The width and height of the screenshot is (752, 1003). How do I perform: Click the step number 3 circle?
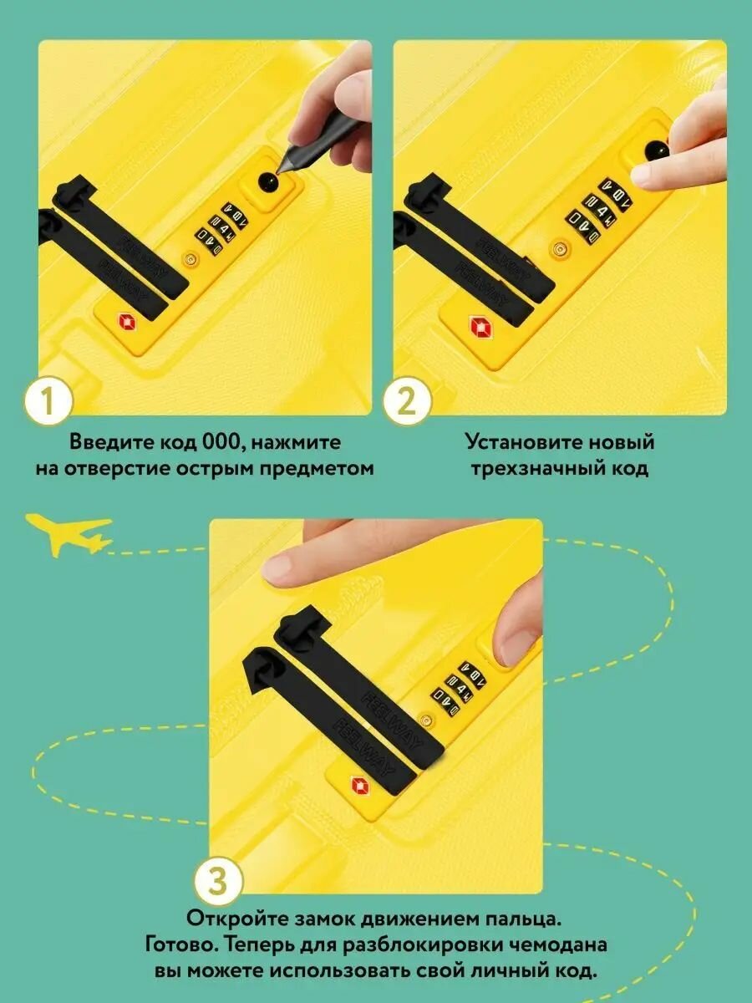point(218,882)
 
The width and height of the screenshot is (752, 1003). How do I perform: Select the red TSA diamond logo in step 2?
point(480,326)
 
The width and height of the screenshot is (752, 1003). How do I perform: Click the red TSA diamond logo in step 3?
point(361,785)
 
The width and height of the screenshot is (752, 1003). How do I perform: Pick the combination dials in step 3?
point(459,689)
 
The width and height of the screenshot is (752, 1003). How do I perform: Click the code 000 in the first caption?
point(221,442)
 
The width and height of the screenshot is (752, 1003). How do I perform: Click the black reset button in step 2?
point(657,150)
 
